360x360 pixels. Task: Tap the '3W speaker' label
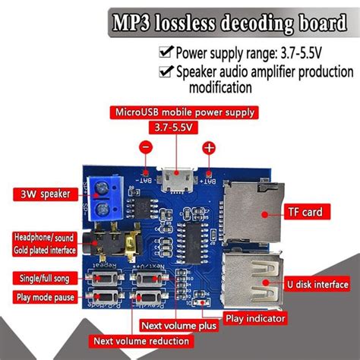tap(42, 194)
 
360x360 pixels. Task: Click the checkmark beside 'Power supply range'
tap(166, 54)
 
